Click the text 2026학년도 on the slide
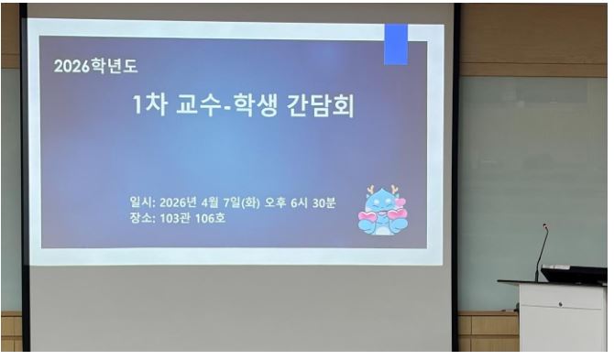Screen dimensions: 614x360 (x=96, y=66)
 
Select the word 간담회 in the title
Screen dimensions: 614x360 (x=321, y=105)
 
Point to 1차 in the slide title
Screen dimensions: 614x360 (x=150, y=104)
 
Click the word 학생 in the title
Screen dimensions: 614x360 (x=256, y=105)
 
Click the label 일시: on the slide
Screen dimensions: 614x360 (x=143, y=202)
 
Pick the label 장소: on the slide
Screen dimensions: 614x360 (x=143, y=218)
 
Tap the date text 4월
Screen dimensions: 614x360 (x=210, y=202)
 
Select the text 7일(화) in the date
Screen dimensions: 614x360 (x=242, y=203)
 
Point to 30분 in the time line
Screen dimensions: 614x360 (x=323, y=202)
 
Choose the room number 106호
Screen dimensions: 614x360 (x=210, y=218)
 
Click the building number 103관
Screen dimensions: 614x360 (x=175, y=218)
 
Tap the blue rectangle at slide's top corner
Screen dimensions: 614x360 (x=396, y=44)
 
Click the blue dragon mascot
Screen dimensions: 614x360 (x=382, y=211)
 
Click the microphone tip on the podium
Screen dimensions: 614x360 (x=544, y=225)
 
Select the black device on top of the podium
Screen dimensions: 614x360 (x=574, y=274)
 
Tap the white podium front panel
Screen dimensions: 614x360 (x=563, y=317)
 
